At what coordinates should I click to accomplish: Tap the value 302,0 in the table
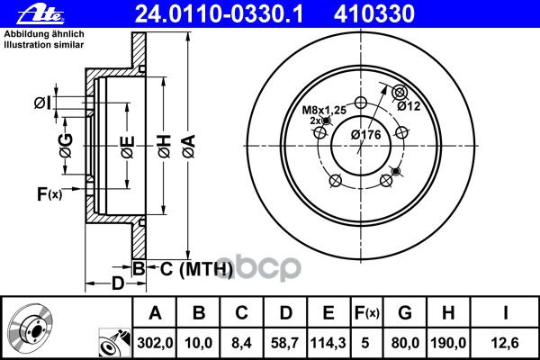154,342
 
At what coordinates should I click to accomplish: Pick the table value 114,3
328,342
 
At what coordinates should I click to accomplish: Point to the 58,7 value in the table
286,342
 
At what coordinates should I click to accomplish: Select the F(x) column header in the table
367,313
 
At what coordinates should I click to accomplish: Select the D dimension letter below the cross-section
118,284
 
